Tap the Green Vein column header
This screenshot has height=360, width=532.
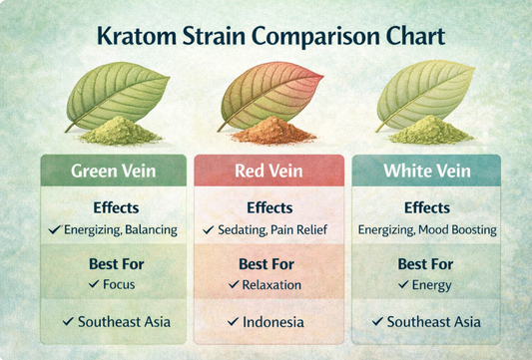[x=112, y=171]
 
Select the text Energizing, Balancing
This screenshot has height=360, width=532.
[x=120, y=229]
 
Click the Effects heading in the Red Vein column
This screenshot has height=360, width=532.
[x=266, y=208]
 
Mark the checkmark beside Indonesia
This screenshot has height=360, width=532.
[x=233, y=322]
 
